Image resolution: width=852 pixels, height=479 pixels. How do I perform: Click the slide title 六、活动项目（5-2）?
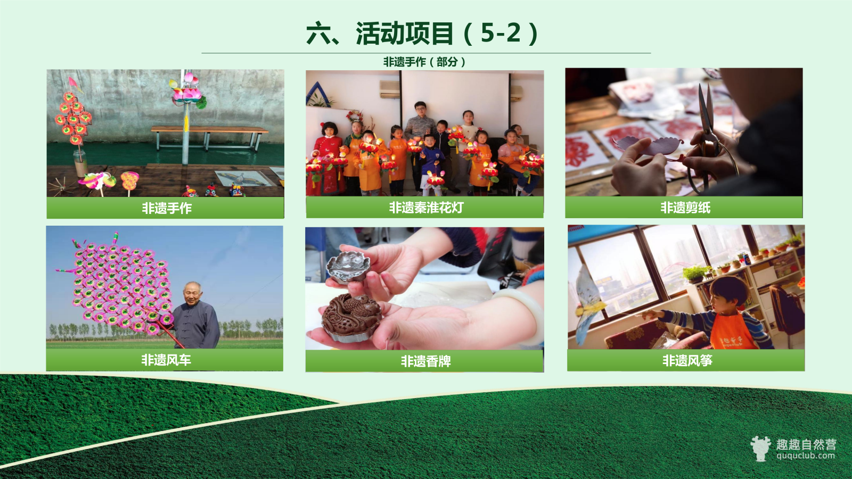click(x=422, y=34)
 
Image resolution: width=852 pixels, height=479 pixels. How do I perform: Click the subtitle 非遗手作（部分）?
click(x=424, y=62)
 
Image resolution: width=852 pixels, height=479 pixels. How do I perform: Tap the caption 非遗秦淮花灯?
click(x=426, y=208)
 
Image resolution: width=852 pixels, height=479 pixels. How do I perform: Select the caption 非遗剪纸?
click(x=685, y=208)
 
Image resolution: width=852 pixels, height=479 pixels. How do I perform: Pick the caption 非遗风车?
click(x=166, y=360)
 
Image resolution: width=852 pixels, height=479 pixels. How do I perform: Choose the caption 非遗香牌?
click(x=425, y=361)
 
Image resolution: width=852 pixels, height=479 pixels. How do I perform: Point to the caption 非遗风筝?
click(x=687, y=360)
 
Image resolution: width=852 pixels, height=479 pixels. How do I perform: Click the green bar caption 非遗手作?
click(x=167, y=208)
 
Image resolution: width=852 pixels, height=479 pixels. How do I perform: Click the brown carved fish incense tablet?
click(x=352, y=316)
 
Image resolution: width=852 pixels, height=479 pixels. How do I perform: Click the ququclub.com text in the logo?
click(x=806, y=456)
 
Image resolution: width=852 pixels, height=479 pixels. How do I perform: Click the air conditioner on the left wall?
click(x=390, y=89)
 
